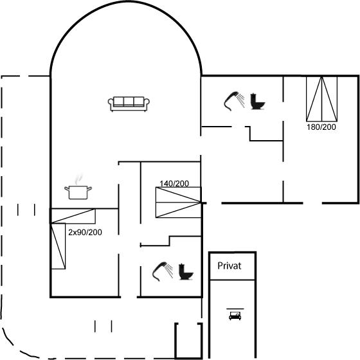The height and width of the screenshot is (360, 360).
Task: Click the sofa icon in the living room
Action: tap(129, 104)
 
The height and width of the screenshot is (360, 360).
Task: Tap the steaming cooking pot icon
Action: tap(78, 187)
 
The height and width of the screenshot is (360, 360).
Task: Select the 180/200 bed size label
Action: tap(321, 127)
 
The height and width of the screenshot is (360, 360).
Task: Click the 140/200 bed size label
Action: tap(174, 183)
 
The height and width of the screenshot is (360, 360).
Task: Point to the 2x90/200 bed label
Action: tap(85, 232)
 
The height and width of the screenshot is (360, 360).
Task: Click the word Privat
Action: tap(230, 266)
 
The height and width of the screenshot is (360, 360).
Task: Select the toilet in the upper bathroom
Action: tap(258, 102)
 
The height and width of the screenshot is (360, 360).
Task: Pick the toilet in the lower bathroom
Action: tap(186, 271)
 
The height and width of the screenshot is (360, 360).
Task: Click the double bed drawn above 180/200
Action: tap(321, 99)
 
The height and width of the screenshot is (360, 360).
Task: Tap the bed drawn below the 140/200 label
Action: tap(179, 203)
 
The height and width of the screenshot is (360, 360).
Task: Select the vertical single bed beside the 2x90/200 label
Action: tap(58, 246)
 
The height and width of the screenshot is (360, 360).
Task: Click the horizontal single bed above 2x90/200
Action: tap(73, 216)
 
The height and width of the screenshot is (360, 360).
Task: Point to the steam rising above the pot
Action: tap(78, 179)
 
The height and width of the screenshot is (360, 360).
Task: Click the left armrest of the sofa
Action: tap(111, 104)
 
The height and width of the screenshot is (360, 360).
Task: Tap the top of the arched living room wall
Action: tap(126, 1)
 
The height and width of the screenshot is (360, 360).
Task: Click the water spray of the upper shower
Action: tap(241, 100)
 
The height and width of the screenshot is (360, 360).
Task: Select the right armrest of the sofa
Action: tap(147, 104)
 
